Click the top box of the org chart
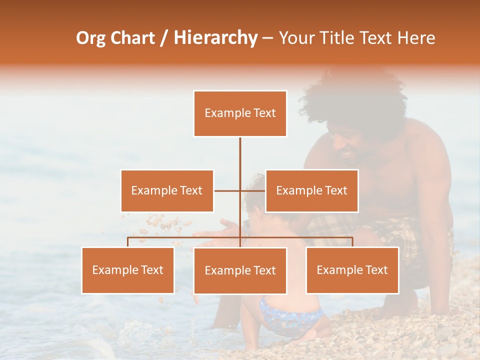[x=240, y=113]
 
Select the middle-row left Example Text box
[x=167, y=190]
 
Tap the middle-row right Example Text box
[x=311, y=190]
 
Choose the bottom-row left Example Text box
[x=128, y=270]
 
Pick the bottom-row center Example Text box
[x=240, y=270]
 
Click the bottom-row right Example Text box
[x=352, y=270]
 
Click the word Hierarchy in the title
[x=215, y=37]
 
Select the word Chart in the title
[x=132, y=37]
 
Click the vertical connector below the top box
[x=240, y=155]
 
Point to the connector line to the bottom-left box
[x=128, y=241]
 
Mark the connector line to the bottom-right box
[x=352, y=241]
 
